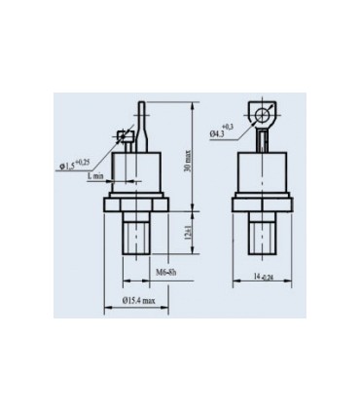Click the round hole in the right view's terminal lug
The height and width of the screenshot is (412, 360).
(264, 115)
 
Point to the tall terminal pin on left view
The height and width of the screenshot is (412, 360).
(142, 119)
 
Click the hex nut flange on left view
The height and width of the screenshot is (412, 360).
(140, 205)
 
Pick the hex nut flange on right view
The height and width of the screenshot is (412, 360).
(264, 205)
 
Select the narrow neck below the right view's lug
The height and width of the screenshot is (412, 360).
(264, 137)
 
